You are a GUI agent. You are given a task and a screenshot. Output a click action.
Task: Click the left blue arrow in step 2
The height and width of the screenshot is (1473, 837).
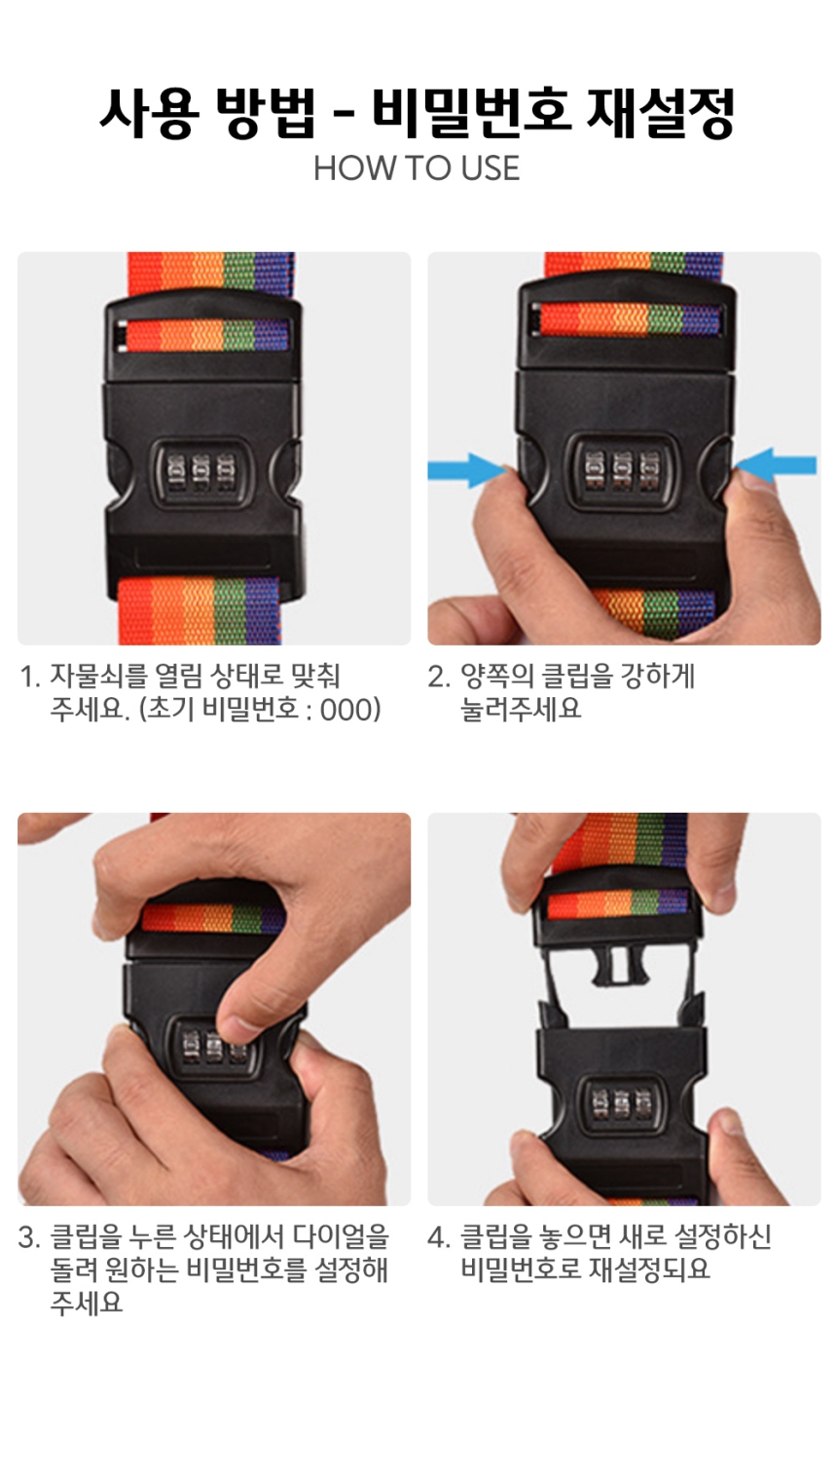(x=467, y=469)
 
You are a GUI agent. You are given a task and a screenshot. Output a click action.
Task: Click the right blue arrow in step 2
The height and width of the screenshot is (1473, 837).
(x=776, y=466)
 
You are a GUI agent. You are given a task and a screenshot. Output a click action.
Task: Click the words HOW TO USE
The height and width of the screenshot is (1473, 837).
(x=417, y=168)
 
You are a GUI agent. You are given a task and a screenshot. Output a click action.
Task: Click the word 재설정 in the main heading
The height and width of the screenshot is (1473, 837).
(x=660, y=114)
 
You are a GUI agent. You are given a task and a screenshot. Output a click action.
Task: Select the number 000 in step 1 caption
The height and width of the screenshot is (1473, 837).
(x=346, y=710)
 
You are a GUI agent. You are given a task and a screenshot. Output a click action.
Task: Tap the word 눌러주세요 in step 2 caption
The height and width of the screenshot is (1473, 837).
(x=521, y=710)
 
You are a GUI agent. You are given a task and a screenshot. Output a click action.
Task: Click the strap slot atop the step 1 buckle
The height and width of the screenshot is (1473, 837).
(x=204, y=335)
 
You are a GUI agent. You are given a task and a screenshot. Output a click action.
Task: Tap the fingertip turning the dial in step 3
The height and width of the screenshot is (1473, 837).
(x=235, y=1022)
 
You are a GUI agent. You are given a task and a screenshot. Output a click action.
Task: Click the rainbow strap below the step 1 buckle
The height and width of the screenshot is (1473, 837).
(x=200, y=610)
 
